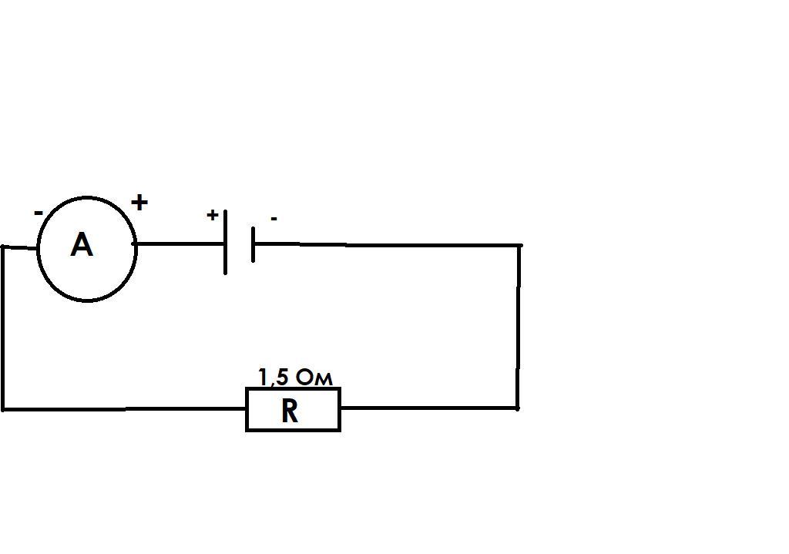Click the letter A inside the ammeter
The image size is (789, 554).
click(82, 245)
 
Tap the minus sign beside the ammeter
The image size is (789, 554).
click(39, 213)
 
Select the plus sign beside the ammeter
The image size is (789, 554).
click(139, 203)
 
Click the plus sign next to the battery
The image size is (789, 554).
click(213, 215)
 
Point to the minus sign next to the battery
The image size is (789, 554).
click(274, 218)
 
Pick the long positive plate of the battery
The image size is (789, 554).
click(226, 242)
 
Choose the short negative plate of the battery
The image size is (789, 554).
click(253, 244)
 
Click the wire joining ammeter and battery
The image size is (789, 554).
click(180, 243)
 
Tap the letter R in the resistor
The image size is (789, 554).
click(290, 411)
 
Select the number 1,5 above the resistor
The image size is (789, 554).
click(273, 377)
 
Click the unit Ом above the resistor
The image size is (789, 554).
click(314, 378)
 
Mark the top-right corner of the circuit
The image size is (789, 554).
click(519, 246)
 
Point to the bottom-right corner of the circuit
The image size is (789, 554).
click(517, 408)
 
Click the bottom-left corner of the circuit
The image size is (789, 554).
click(3, 410)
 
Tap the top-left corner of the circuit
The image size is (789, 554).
click(3, 247)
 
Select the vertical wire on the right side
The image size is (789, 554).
click(519, 327)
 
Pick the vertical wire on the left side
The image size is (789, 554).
click(3, 328)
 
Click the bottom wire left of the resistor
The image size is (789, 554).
click(125, 410)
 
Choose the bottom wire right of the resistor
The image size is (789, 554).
click(428, 408)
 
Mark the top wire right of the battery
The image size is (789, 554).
click(388, 244)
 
